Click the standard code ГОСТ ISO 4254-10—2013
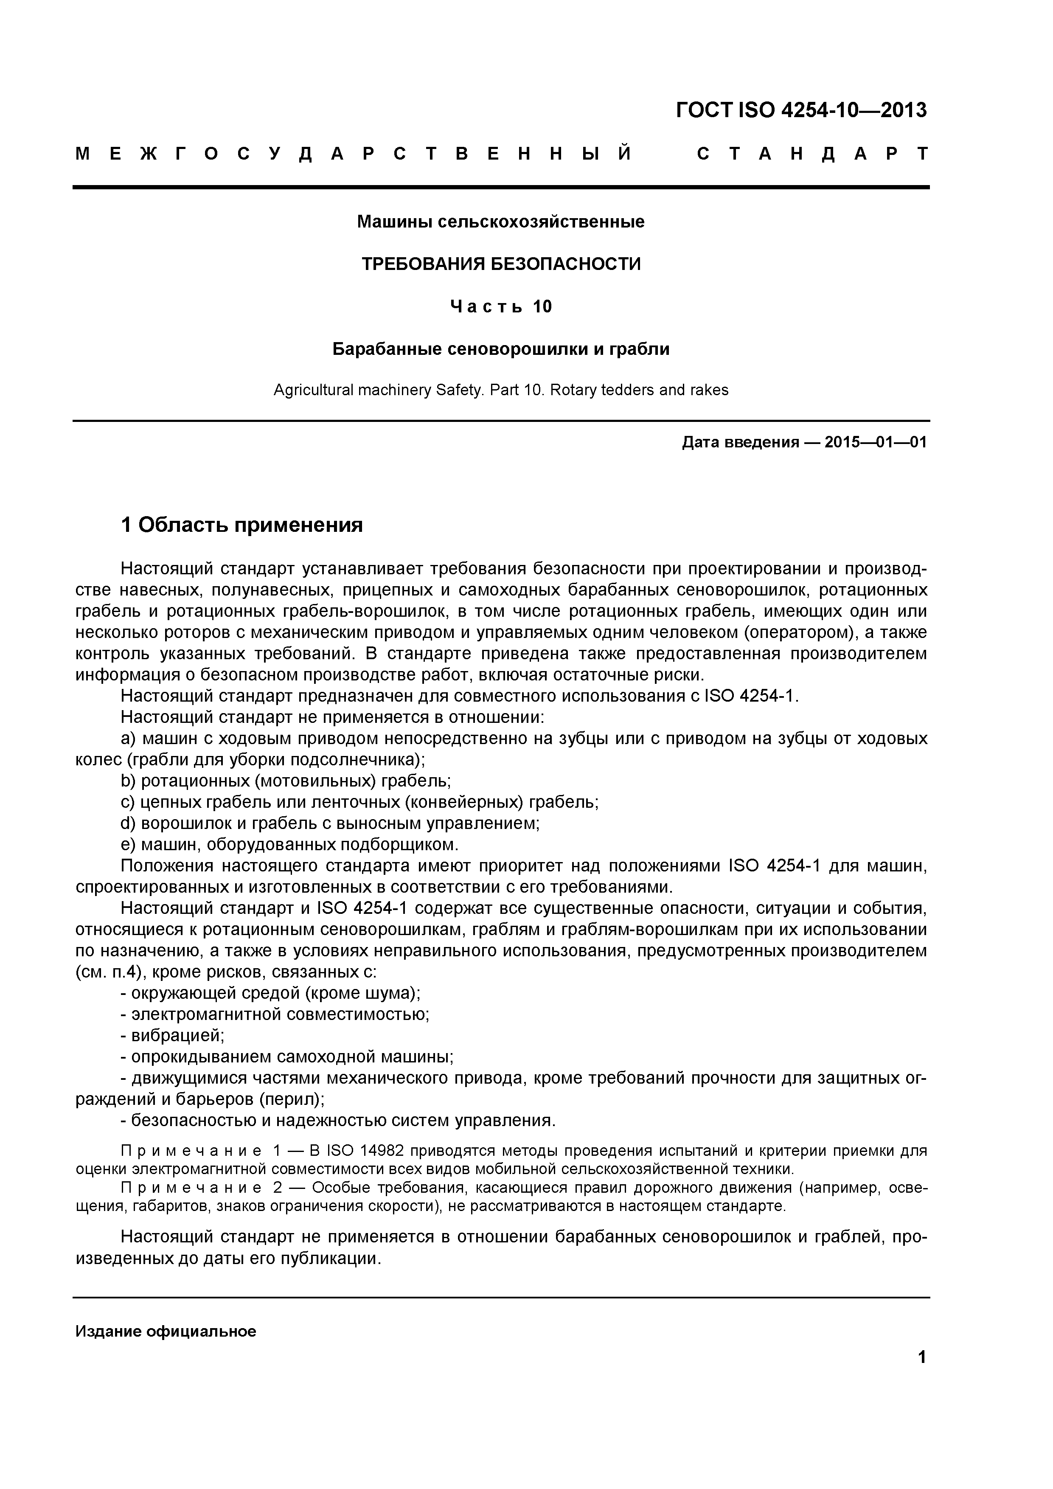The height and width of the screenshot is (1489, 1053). pos(801,110)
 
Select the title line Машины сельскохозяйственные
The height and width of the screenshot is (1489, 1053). pos(500,222)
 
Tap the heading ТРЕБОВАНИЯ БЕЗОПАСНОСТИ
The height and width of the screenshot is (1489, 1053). pos(500,264)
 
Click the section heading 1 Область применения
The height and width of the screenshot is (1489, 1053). pos(242,525)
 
